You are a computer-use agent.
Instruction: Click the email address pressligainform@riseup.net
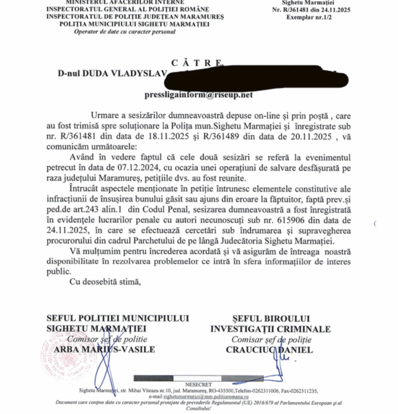point(198,95)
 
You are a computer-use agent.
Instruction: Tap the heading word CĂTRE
point(197,63)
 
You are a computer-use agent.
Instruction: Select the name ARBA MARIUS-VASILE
point(104,349)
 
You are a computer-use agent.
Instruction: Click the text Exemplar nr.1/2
point(307,17)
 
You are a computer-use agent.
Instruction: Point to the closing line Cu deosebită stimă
point(105,282)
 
